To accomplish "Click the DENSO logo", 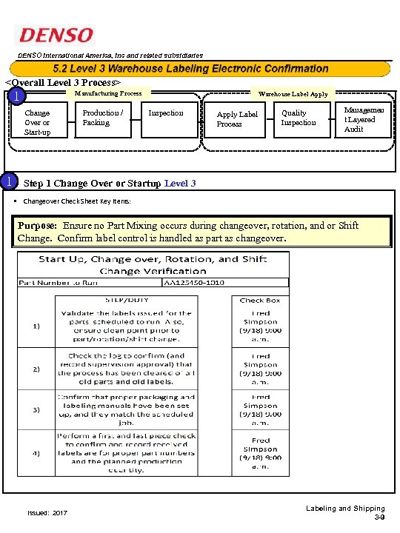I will point(56,36).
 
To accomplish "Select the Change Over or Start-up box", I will point(37,123).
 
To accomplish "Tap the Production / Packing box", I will point(103,118).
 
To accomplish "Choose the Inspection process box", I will point(166,113).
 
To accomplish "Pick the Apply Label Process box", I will point(237,119).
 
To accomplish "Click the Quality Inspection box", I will point(298,118).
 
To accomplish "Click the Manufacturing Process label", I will point(108,94).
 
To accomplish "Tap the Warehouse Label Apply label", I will point(293,94).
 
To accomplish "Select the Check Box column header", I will point(260,300).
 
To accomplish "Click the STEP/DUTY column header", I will point(126,300).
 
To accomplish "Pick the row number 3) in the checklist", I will point(36,409).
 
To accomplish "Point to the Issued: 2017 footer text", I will point(47,512).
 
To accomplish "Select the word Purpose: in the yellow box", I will point(39,225).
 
